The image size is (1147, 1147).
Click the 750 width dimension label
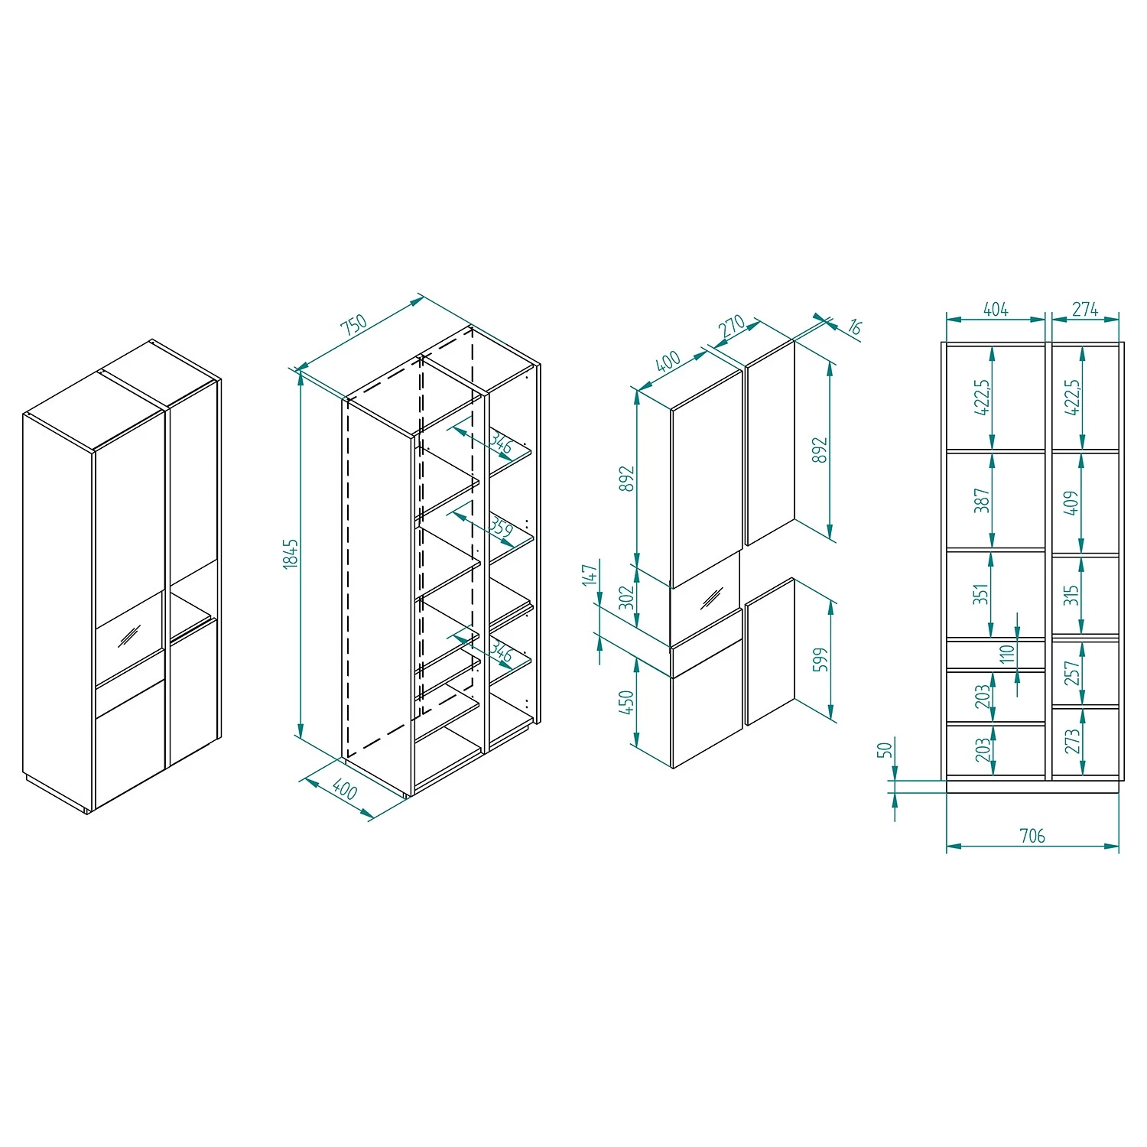click(x=354, y=324)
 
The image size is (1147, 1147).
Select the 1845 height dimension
click(x=290, y=553)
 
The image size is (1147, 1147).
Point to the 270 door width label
click(x=732, y=327)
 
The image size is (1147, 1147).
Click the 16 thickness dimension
click(x=854, y=328)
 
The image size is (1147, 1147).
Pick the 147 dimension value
click(x=589, y=575)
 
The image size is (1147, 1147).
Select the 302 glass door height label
click(x=627, y=597)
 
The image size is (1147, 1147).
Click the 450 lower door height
click(x=627, y=702)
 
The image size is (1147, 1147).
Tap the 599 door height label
click(x=820, y=659)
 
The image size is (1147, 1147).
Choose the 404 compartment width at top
click(x=996, y=309)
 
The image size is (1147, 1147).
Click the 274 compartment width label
click(x=1084, y=309)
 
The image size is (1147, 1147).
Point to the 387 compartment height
click(x=983, y=500)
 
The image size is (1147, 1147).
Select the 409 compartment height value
click(x=1071, y=502)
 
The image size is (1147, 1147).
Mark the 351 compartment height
click(x=982, y=593)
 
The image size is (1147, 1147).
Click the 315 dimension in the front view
click(x=1071, y=595)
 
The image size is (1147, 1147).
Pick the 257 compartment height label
click(x=1072, y=673)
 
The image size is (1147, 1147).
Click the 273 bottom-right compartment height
click(x=1072, y=740)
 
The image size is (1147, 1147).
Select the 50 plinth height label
click(x=885, y=749)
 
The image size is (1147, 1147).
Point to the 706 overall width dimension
click(x=1032, y=836)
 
